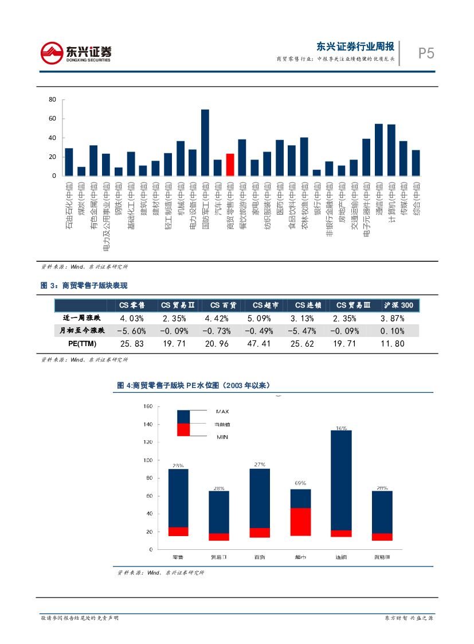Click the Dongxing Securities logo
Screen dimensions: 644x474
[x=76, y=53]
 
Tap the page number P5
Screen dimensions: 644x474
[x=426, y=53]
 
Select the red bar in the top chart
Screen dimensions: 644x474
[x=230, y=164]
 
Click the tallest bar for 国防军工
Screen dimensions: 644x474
[x=205, y=142]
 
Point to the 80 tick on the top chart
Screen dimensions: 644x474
[x=52, y=100]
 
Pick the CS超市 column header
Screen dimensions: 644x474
[x=265, y=305]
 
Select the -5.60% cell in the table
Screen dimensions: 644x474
[x=131, y=331]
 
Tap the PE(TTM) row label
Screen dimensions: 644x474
[x=79, y=344]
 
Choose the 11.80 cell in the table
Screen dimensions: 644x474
[x=393, y=344]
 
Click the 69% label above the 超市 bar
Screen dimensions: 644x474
[x=300, y=484]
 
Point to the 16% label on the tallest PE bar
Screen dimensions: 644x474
[x=342, y=428]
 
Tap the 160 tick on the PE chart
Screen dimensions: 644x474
[x=147, y=406]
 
